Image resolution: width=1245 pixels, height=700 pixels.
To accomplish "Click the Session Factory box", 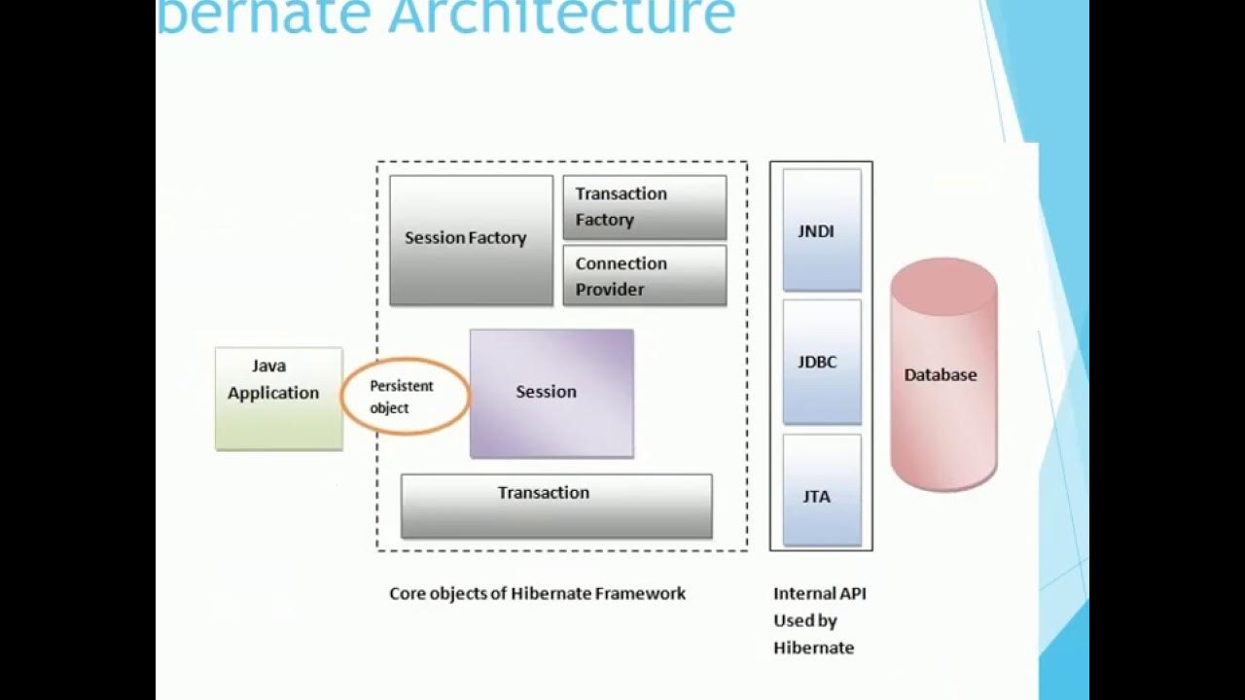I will [x=471, y=240].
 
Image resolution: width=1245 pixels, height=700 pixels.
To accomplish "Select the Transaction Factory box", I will [x=644, y=207].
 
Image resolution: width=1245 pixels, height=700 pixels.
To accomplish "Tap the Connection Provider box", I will [x=644, y=276].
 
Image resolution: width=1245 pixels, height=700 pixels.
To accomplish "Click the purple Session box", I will [x=551, y=393].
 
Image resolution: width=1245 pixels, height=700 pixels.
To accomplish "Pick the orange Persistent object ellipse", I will [x=405, y=397].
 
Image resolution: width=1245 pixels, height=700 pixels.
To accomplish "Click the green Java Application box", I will [x=278, y=399].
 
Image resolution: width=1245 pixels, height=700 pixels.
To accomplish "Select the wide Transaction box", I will [x=556, y=506].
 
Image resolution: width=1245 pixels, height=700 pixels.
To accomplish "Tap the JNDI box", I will [x=822, y=230].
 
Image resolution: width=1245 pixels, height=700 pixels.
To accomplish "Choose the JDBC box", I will [x=822, y=362].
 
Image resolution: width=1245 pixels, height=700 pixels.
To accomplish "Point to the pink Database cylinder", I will [x=943, y=374].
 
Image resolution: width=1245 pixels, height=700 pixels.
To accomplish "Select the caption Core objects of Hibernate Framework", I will [x=537, y=593].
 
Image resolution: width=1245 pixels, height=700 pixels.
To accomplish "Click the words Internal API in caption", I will [x=819, y=593].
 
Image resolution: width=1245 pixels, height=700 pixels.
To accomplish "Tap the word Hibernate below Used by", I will [x=813, y=647].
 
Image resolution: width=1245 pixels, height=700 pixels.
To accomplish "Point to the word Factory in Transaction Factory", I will [x=604, y=220].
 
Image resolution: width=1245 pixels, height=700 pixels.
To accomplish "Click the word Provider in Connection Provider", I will [x=609, y=290].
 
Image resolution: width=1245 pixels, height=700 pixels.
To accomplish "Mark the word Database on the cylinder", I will [x=940, y=374].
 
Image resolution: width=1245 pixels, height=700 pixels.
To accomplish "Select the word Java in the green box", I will [x=268, y=366].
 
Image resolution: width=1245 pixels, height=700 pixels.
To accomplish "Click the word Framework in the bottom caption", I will [x=638, y=593].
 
